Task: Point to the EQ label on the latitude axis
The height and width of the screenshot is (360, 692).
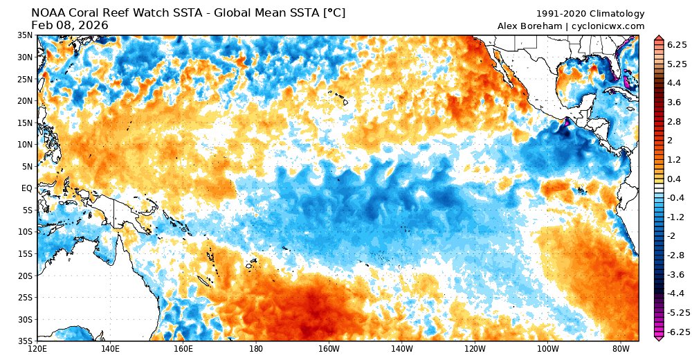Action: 26,188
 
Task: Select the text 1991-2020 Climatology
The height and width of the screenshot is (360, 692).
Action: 590,14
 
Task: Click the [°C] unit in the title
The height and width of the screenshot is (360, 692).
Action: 332,12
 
